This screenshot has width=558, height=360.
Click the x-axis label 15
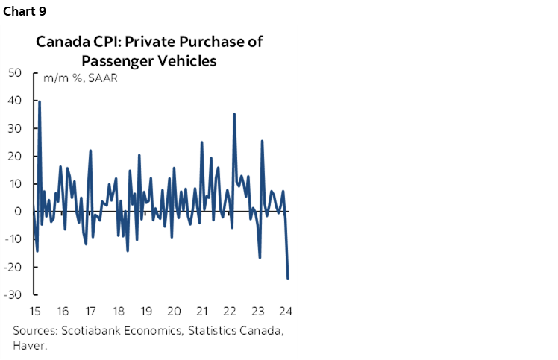click(35, 311)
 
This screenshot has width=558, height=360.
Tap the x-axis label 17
click(90, 311)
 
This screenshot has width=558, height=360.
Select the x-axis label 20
click(174, 311)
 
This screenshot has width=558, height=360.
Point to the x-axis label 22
click(231, 311)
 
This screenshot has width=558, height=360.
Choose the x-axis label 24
click(286, 311)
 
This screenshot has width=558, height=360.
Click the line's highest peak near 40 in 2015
click(40, 101)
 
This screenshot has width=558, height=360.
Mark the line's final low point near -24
click(288, 278)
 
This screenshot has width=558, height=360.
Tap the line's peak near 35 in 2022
click(234, 114)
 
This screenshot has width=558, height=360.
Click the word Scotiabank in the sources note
click(87, 331)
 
